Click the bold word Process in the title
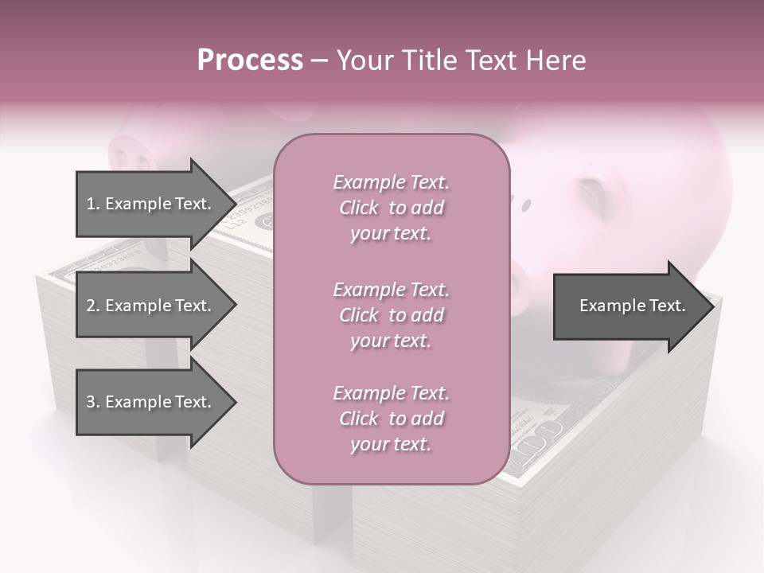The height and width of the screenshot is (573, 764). click(250, 60)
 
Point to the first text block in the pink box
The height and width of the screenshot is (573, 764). click(391, 208)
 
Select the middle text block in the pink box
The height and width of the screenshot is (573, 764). click(391, 315)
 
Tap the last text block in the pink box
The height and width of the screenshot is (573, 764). click(391, 419)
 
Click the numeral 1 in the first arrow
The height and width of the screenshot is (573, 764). click(90, 204)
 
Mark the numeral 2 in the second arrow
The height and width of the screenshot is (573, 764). click(90, 306)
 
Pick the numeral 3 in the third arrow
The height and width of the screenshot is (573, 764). click(90, 402)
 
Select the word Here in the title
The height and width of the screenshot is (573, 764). click(557, 60)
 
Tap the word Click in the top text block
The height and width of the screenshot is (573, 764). click(359, 208)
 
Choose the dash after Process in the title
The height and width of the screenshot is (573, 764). click(319, 60)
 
